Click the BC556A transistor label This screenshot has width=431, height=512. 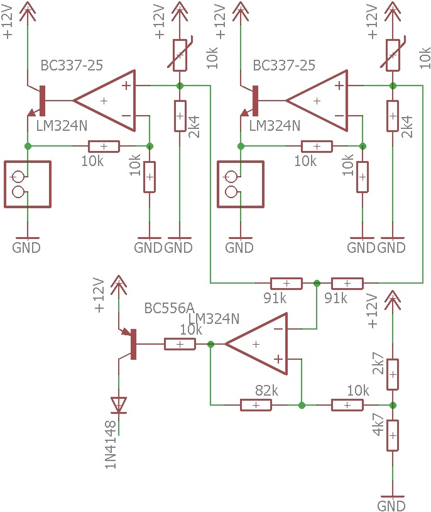pos(169,308)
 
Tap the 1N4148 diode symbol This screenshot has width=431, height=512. pos(119,405)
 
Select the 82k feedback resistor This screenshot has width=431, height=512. pos(256,405)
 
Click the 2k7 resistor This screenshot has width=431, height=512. pos(393,374)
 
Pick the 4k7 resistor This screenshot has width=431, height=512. pos(393,436)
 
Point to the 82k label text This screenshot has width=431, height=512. pos(266,390)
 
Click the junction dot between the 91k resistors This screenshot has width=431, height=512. pos(317,283)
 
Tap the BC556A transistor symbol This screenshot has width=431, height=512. pos(129,344)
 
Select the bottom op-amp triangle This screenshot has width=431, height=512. pos(256,344)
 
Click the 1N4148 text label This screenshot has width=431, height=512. pos(111,444)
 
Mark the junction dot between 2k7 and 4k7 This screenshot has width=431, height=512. pos(393,405)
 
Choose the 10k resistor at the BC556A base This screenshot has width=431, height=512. pos(180,344)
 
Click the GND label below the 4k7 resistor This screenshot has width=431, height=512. pos(391,506)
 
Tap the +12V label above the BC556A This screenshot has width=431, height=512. pos(99,295)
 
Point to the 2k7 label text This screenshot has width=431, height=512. pos(378,363)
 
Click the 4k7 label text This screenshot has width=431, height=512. pos(378,425)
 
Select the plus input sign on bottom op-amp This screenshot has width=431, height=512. pos(278,359)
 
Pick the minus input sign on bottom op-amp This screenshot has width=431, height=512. pos(278,329)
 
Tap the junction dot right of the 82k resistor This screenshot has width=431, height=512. pos(302,405)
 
